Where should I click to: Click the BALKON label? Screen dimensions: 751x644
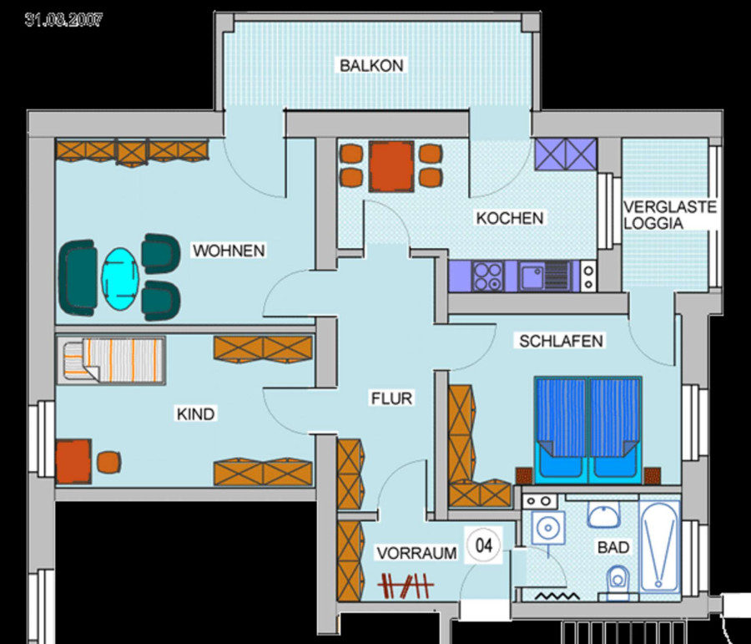371,65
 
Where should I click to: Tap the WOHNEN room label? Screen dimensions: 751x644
229,251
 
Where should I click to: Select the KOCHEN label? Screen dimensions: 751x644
510,218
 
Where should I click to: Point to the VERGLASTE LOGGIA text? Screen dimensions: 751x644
670,215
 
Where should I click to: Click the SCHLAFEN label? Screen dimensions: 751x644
561,341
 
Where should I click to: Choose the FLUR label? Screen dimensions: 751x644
392,398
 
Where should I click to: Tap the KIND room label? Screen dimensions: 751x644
195,413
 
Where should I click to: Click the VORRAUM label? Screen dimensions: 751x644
416,553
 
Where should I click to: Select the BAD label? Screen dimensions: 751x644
613,547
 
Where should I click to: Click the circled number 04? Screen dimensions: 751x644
484,545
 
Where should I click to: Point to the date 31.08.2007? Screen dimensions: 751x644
63,20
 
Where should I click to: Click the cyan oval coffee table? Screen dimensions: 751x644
120,279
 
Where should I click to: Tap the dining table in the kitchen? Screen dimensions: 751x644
391,166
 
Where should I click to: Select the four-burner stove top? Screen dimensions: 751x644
487,276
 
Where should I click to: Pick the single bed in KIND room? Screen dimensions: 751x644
111,361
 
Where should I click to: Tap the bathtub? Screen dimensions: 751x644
659,546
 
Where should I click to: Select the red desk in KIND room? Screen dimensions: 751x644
73,461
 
